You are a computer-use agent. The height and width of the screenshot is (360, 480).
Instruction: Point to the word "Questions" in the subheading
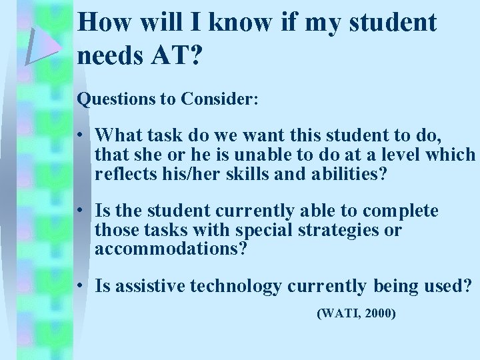pos(113,99)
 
